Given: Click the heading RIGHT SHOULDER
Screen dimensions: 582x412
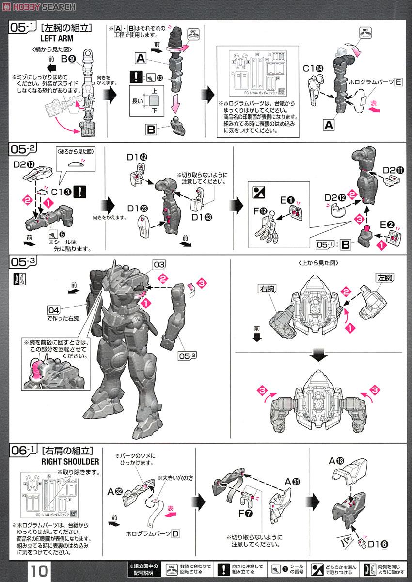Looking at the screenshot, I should tap(71, 461).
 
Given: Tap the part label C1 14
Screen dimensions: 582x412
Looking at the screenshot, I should tap(314, 68).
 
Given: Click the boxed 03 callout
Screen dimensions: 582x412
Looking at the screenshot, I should tap(159, 264).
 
